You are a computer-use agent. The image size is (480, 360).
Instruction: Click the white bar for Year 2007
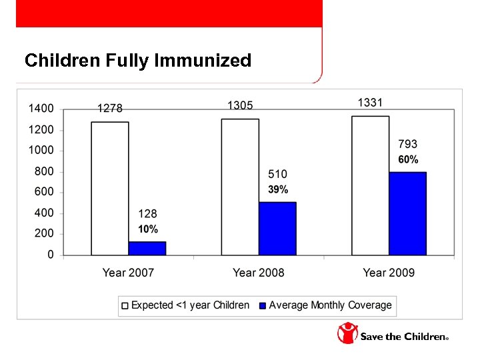coord(110,189)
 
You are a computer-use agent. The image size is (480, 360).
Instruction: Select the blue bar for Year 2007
coord(147,248)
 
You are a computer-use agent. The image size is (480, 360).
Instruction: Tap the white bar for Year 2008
coord(240,187)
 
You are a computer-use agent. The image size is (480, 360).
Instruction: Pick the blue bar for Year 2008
coord(277,229)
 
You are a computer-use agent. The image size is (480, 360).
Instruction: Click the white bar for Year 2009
coord(371,185)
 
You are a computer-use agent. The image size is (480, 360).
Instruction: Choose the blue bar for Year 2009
coord(407,213)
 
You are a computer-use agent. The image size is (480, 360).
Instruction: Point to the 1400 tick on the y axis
coord(41,109)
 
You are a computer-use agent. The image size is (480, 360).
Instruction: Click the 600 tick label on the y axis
coord(41,192)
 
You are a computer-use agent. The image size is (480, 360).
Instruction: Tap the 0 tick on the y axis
coord(51,255)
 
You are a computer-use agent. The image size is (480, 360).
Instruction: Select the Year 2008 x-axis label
coord(259,273)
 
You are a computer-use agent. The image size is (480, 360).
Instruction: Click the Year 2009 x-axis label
coord(389,273)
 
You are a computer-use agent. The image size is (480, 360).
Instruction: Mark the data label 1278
coord(110,109)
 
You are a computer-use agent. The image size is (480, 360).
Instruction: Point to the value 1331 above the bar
coord(371,103)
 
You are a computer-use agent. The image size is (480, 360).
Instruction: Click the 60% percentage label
coord(408,160)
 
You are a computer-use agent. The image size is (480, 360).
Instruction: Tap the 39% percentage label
coord(278,189)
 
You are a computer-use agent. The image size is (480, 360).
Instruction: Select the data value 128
coord(148,214)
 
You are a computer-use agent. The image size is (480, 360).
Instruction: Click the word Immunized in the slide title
coord(203,61)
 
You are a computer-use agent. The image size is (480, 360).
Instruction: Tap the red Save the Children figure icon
coord(347,333)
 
